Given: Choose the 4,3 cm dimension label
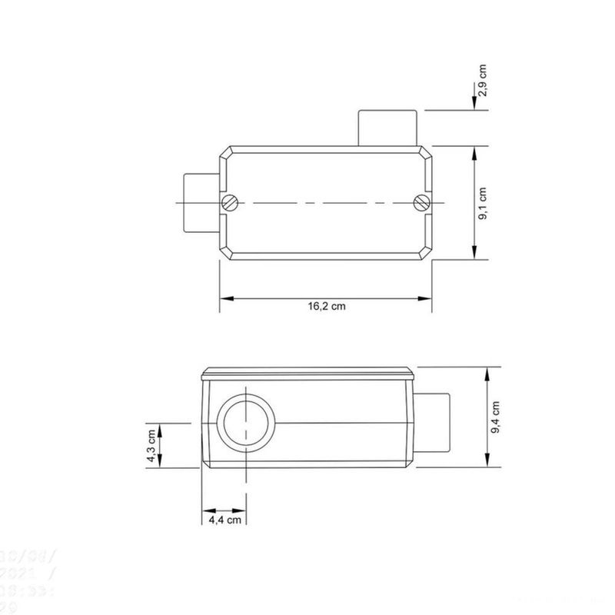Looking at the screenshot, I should coord(151,446).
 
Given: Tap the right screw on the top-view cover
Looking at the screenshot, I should coord(420,202).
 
